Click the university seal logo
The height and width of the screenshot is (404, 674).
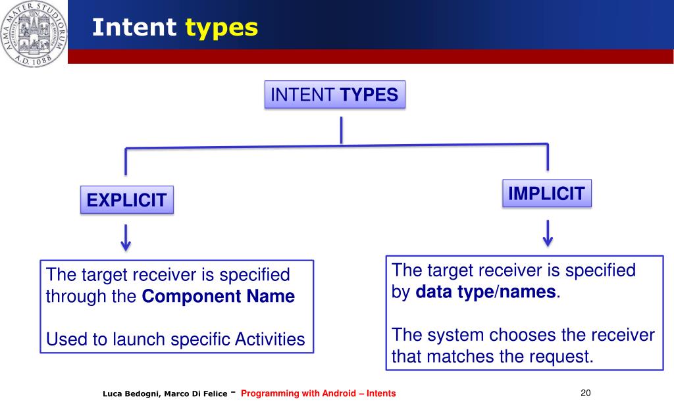click(34, 34)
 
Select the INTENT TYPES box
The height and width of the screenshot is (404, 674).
click(334, 95)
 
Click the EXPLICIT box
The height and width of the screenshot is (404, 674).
click(127, 200)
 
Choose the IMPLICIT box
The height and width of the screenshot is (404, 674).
click(547, 193)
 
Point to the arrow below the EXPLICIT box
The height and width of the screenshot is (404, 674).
click(126, 238)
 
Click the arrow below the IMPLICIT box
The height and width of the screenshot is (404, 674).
click(548, 233)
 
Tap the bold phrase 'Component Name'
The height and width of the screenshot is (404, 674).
click(219, 296)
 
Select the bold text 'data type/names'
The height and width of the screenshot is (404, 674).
click(486, 291)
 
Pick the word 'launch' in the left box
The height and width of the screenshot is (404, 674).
click(136, 340)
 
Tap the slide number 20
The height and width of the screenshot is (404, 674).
click(586, 393)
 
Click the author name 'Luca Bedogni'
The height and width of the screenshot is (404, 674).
click(128, 393)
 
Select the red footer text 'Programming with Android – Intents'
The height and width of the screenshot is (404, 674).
click(319, 393)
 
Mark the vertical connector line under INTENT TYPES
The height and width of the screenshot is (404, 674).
click(341, 130)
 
